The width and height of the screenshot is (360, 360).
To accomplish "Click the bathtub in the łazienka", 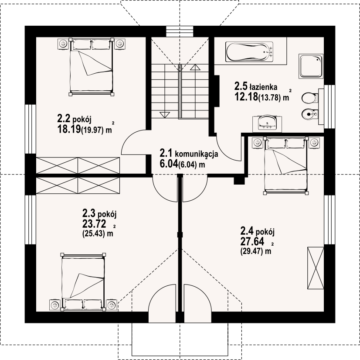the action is coord(249,52).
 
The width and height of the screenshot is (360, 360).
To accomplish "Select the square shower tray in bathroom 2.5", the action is coord(311,66).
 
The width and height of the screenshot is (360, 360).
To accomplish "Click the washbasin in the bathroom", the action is coord(267,124).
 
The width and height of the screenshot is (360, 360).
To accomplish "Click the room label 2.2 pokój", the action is coord(75,119).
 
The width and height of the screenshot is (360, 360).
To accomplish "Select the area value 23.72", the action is coord(94,223).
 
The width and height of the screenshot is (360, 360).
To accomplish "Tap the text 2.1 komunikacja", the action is coord(189,153).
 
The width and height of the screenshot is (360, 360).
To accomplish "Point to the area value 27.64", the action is coord(252,241).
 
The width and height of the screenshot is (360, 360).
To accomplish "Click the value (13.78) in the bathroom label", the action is coord(270,98).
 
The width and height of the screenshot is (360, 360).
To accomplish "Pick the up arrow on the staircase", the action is coord(195,67).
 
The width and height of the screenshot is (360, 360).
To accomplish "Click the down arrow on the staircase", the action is coord(165,115).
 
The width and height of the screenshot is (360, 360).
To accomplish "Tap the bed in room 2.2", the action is coord(91,67).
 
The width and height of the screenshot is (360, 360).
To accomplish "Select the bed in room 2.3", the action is coord(83,282).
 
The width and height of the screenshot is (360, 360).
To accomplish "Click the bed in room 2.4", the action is coord(286,166).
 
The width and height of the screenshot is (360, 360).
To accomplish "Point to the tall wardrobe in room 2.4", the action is coord(316,268).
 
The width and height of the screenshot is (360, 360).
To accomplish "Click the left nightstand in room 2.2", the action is coord(63,43).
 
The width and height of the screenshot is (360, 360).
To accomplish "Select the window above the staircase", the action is coord(180,31).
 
